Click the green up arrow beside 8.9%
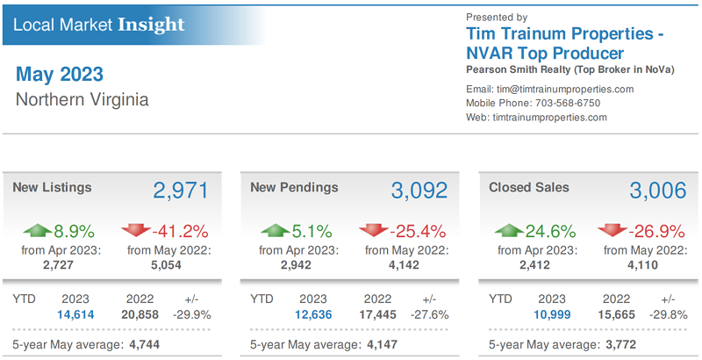39,231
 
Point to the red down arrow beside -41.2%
136,231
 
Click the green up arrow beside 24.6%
509,231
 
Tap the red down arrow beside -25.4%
374,231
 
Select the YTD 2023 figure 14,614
75,313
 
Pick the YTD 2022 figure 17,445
376,313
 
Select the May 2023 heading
59,74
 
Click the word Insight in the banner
151,24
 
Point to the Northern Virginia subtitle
82,99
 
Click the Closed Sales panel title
528,187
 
